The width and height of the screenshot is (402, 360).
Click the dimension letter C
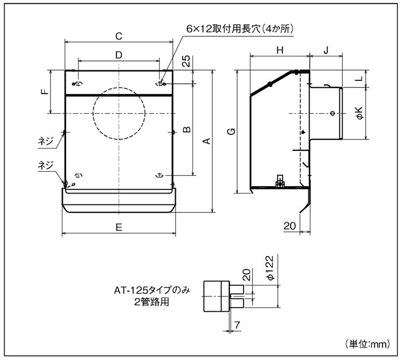(118, 36)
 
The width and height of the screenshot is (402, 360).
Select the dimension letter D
(118, 55)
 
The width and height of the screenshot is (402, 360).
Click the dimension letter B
(187, 130)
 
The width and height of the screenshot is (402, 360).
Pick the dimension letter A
(207, 141)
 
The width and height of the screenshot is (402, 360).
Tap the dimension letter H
(280, 51)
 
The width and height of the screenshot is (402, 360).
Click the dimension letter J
(326, 51)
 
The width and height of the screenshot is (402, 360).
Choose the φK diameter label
(358, 113)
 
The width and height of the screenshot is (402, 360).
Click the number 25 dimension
(187, 62)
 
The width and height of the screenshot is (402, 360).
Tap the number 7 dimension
(238, 326)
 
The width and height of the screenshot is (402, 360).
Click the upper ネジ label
(46, 139)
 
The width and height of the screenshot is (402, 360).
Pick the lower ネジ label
(46, 165)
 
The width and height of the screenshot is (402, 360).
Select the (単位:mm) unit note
(368, 344)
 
